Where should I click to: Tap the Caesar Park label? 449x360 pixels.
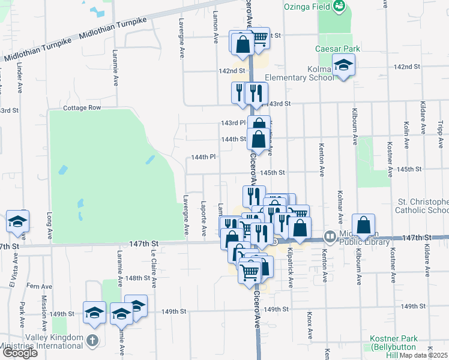point(334,49)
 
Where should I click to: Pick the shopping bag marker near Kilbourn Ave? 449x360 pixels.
point(364,226)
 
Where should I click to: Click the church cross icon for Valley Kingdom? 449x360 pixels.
point(91,341)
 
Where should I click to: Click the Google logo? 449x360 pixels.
point(19,352)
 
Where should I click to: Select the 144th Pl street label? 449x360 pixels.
point(203,157)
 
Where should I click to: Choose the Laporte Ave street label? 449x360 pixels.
point(204,213)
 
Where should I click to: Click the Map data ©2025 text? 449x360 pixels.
point(423,355)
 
